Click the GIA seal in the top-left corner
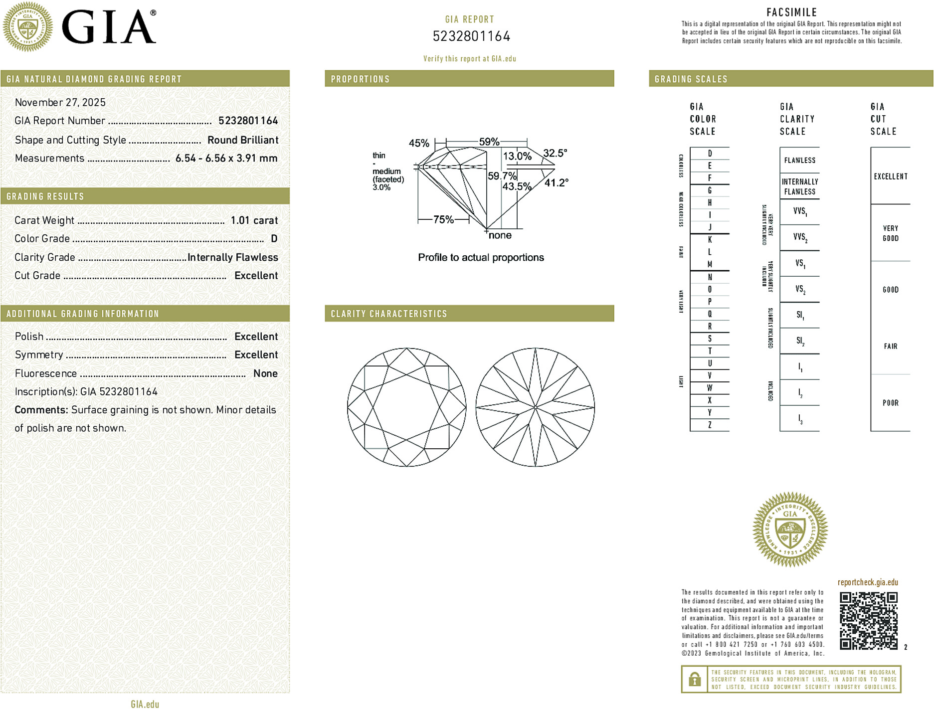[28, 26]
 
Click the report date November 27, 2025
[60, 102]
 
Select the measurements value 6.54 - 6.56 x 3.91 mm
[226, 158]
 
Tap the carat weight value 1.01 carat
[254, 220]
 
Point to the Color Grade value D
[274, 239]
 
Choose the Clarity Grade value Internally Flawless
[232, 257]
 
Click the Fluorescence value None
[265, 373]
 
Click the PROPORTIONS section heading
[360, 79]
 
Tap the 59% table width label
[489, 142]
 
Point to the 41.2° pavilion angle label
[556, 183]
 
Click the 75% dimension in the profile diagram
[443, 219]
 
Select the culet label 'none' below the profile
[500, 235]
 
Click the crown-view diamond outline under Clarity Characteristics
[406, 407]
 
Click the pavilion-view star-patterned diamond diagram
[535, 407]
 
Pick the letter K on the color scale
[710, 240]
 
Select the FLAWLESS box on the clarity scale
[799, 160]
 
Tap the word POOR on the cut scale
[890, 403]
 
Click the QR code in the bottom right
[868, 621]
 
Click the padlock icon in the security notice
[694, 679]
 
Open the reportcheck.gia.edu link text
[868, 582]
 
